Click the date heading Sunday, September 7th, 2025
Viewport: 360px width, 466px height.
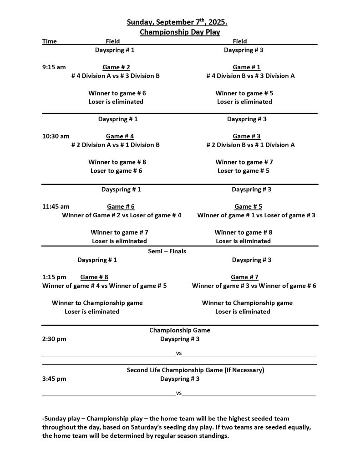tap(177, 22)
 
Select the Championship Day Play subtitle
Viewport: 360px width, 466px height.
tap(180, 32)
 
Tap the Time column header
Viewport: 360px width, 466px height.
tap(50, 41)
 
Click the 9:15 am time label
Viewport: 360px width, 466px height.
tap(54, 67)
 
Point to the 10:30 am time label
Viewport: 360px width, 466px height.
tap(56, 136)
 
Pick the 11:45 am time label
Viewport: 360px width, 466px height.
tap(56, 206)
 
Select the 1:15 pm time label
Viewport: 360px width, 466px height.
tap(54, 277)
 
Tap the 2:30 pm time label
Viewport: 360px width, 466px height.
tap(54, 339)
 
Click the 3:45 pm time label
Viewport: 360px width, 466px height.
tap(54, 379)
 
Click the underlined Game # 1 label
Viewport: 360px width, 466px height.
tap(246, 67)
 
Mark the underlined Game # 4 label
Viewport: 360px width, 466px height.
tap(120, 136)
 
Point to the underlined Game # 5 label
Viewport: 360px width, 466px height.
tap(248, 206)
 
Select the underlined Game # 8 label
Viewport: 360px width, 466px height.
tap(94, 277)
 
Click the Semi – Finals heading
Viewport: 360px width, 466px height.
tap(167, 251)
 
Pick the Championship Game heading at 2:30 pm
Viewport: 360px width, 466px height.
tap(180, 330)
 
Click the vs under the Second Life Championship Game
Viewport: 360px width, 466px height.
tap(179, 393)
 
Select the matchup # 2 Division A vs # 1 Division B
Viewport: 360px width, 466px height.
tap(116, 145)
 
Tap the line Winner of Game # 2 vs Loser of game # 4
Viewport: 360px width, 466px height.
tap(122, 215)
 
